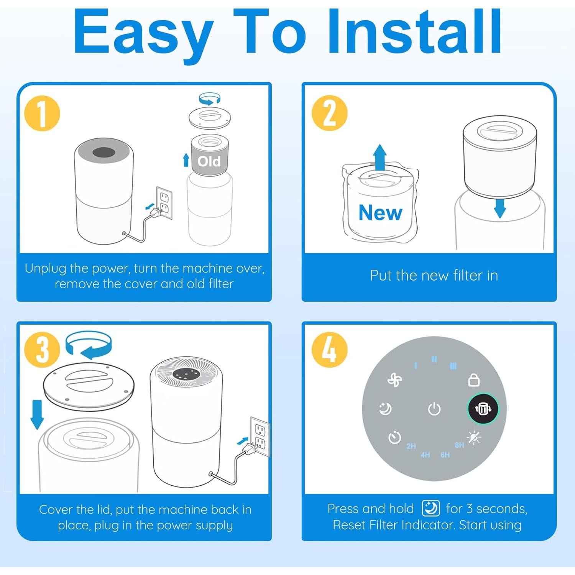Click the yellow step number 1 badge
pyautogui.click(x=42, y=113)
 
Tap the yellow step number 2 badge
pyautogui.click(x=329, y=113)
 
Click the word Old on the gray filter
pyautogui.click(x=209, y=161)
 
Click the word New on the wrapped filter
pyautogui.click(x=380, y=212)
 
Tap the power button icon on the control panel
pyautogui.click(x=434, y=409)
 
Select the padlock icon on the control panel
pyautogui.click(x=474, y=380)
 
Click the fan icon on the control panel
pyautogui.click(x=394, y=380)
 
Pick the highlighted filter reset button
pyautogui.click(x=483, y=409)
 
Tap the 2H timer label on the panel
pyautogui.click(x=411, y=446)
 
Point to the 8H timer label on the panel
pyautogui.click(x=459, y=445)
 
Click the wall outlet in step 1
pyautogui.click(x=164, y=203)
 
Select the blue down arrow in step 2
pyautogui.click(x=500, y=207)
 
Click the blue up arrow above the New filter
pyautogui.click(x=380, y=157)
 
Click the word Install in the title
pyautogui.click(x=414, y=31)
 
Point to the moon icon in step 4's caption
pyautogui.click(x=430, y=509)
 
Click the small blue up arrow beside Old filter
pyautogui.click(x=186, y=160)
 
